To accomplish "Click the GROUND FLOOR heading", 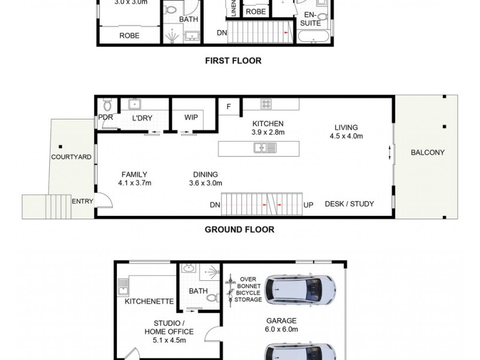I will [x=239, y=229].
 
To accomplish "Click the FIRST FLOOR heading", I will [x=233, y=61].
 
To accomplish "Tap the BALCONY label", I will [x=427, y=152].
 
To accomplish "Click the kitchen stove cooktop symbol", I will [x=266, y=104].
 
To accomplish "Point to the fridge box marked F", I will [x=229, y=106].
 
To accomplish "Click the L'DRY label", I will [x=142, y=118].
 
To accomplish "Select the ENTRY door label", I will [x=82, y=202].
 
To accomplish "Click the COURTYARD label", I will [x=71, y=157].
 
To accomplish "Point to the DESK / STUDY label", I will [x=349, y=204].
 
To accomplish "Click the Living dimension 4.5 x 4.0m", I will [x=346, y=136].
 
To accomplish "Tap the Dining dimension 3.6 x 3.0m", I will [x=206, y=184].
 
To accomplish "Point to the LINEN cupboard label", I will [x=232, y=8].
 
